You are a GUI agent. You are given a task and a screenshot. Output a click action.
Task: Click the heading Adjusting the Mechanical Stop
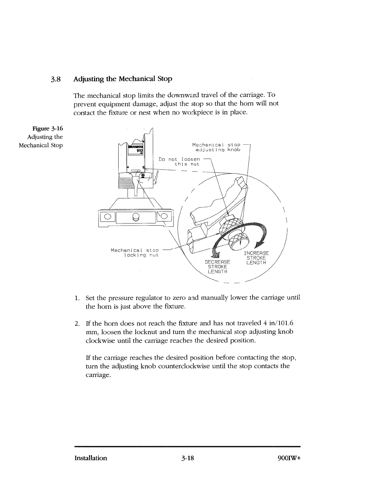[x=123, y=78]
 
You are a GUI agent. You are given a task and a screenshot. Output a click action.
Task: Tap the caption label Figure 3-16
[x=48, y=128]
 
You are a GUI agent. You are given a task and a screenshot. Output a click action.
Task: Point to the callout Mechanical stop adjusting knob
[x=216, y=147]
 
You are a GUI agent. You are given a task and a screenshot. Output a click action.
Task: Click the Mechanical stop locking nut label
[x=135, y=253]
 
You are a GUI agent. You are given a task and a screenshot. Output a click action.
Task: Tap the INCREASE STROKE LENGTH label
[x=256, y=258]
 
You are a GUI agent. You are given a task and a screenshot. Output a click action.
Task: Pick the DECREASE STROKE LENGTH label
[x=217, y=267]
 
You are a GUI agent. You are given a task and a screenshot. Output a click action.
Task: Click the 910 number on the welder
[x=139, y=151]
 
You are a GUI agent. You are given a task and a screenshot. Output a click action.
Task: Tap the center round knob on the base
[x=136, y=217]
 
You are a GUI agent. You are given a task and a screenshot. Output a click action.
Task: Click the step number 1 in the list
[x=77, y=297]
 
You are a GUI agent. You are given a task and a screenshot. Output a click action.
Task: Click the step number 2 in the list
[x=77, y=323]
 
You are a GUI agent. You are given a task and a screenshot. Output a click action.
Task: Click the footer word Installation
[x=91, y=458]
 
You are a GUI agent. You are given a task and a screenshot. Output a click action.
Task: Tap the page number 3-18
[x=188, y=458]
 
